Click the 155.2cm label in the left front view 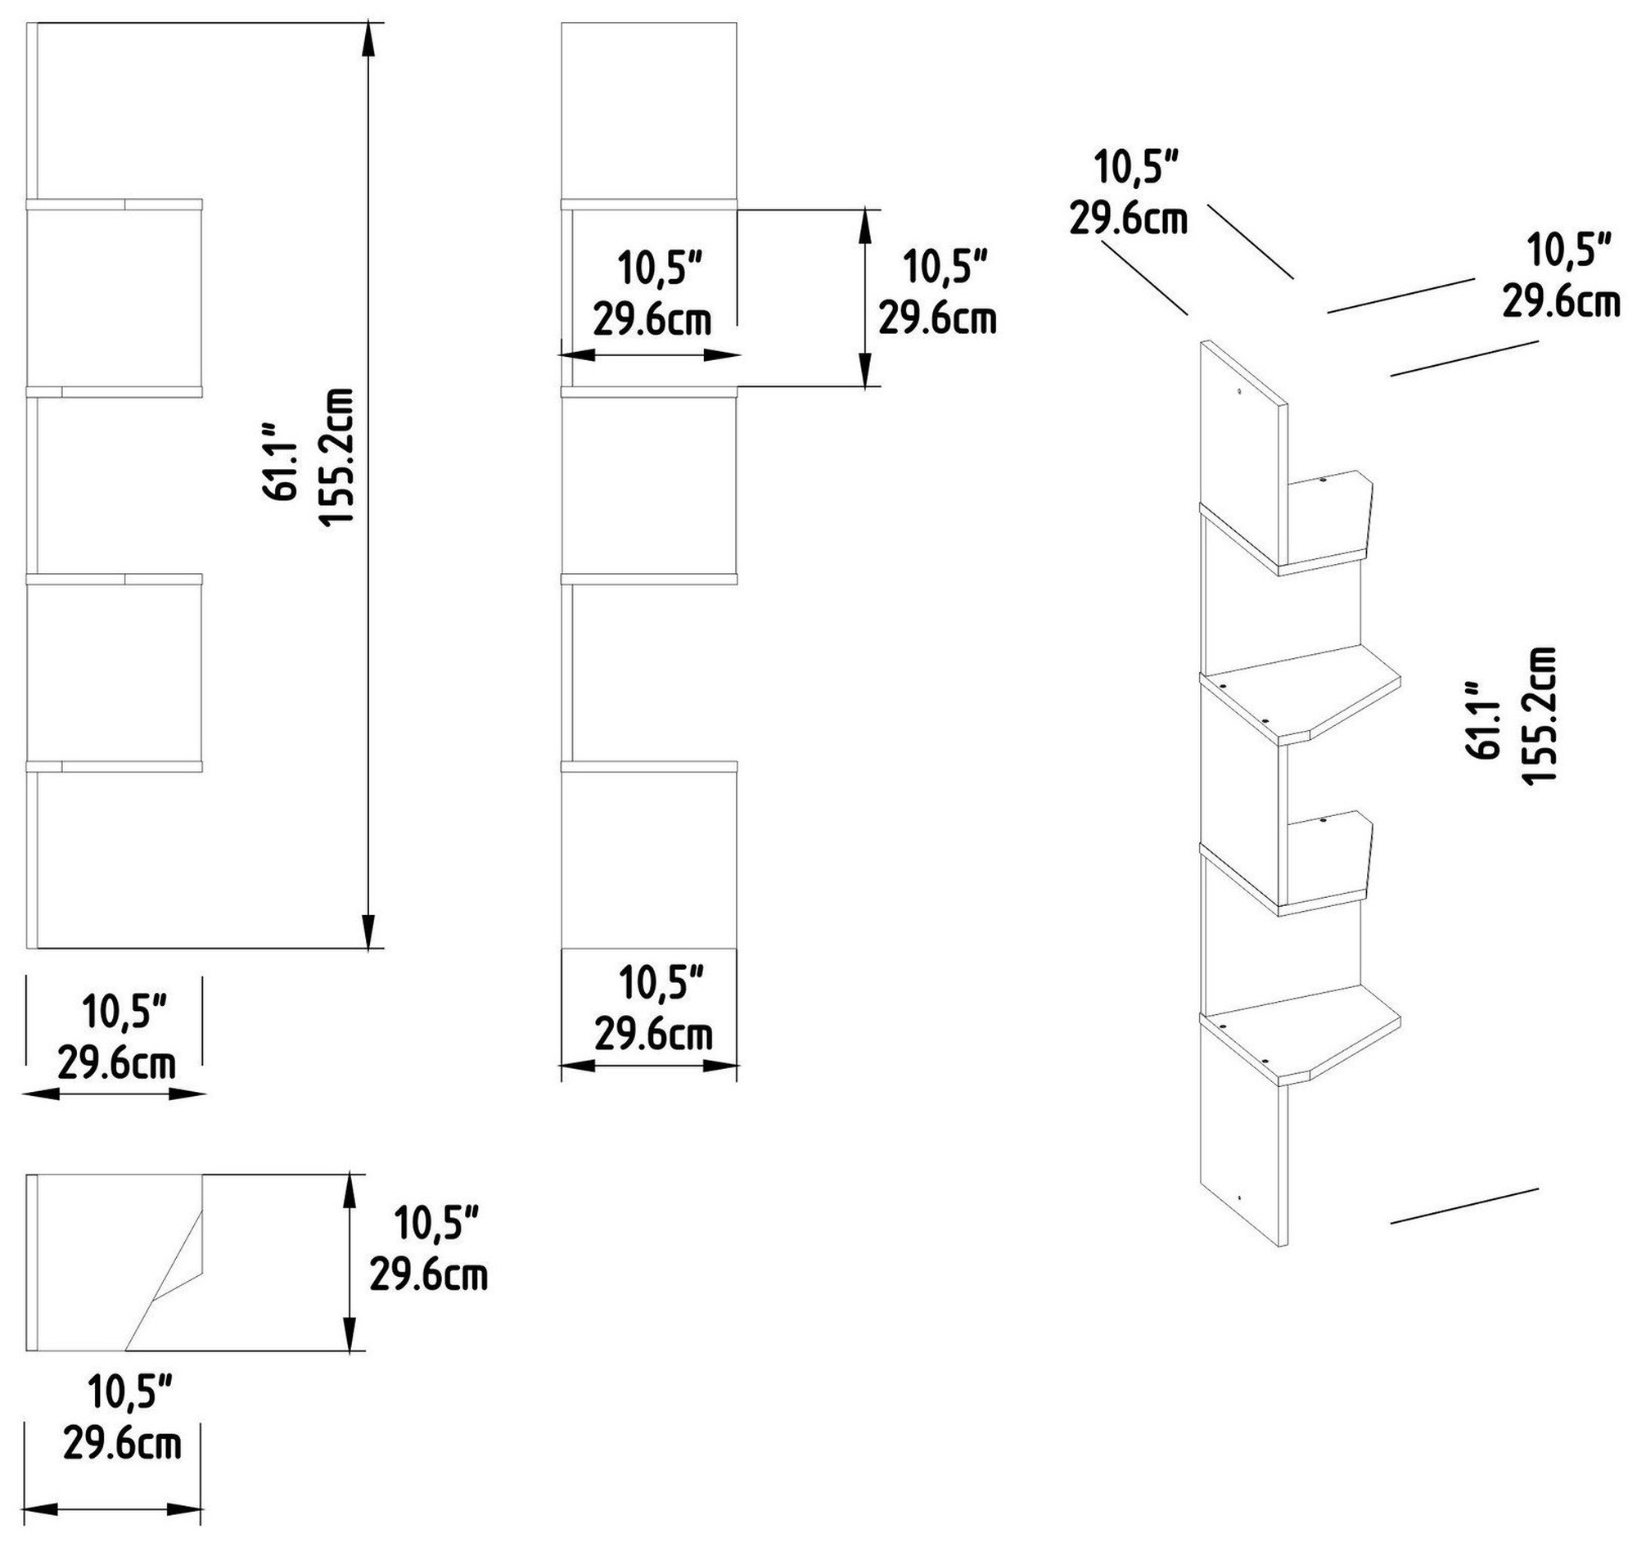tap(336, 456)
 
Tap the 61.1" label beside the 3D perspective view tap(1481, 719)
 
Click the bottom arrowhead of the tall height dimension tap(369, 931)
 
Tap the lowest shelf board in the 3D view tap(1301, 1041)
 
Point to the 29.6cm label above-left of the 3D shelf tap(1128, 219)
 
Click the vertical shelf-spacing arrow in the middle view tap(864, 298)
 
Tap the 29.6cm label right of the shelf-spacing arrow tap(937, 318)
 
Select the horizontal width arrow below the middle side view tap(649, 1066)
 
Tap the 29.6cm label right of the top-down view tap(428, 1274)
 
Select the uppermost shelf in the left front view tap(115, 205)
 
